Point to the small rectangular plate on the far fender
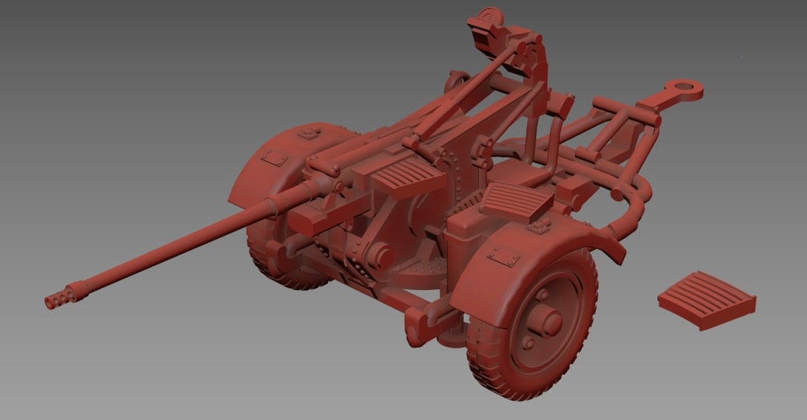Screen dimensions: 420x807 (275, 157)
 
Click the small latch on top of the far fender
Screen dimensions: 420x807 (309, 134)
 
